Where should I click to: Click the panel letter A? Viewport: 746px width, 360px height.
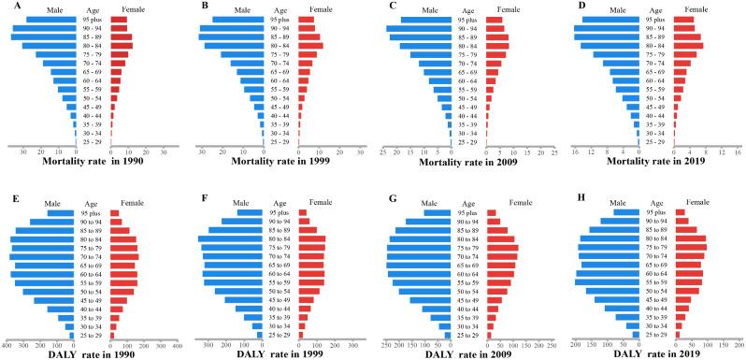pos(7,6)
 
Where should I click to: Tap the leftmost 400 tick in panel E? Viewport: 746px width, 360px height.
pos(7,344)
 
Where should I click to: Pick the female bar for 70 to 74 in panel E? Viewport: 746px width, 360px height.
pos(123,256)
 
